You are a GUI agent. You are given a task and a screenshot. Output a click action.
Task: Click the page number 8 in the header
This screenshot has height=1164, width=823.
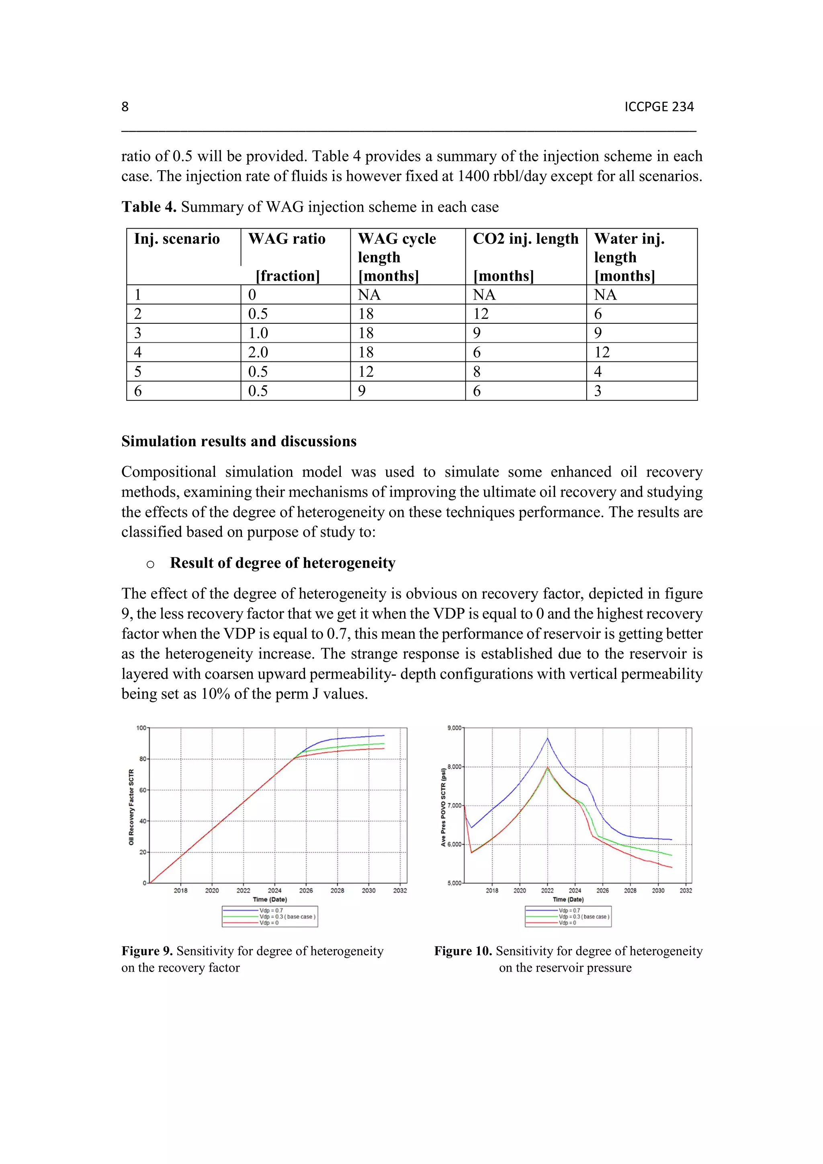click(x=125, y=106)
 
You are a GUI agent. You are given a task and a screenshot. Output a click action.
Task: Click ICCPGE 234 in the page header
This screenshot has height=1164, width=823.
click(x=659, y=106)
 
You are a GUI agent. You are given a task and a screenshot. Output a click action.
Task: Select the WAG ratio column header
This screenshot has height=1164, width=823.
click(x=287, y=239)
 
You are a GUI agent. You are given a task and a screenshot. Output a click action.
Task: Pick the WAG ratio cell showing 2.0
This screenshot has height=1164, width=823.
click(x=258, y=352)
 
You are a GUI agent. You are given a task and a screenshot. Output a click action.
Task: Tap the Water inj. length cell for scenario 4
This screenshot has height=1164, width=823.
click(x=602, y=352)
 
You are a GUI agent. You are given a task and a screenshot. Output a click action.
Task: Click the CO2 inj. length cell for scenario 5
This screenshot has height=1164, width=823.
click(x=477, y=372)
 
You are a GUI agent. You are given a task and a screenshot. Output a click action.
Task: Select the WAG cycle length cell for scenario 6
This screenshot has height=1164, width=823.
click(x=362, y=391)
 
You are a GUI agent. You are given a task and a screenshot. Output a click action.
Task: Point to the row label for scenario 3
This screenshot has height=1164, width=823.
click(x=137, y=333)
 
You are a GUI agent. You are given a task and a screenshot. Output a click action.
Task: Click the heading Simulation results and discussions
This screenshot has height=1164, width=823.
click(x=238, y=441)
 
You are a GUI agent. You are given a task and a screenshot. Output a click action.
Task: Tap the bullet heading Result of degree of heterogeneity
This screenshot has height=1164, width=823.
click(x=282, y=563)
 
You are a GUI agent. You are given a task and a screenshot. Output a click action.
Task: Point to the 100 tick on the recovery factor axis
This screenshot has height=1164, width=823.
click(x=141, y=728)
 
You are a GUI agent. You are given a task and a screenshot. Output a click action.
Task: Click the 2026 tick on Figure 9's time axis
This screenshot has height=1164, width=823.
click(x=306, y=890)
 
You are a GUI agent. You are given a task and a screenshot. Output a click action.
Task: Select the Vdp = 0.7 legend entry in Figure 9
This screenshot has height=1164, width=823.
click(x=271, y=911)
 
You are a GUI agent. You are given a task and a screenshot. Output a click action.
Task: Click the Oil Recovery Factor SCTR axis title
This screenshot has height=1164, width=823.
click(x=131, y=807)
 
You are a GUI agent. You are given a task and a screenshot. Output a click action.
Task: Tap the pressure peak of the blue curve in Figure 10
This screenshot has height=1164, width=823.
click(x=547, y=739)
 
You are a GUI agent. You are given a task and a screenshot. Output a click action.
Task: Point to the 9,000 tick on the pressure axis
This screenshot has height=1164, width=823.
click(x=454, y=728)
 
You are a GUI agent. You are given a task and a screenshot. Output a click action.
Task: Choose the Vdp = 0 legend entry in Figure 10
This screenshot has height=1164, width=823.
click(x=567, y=923)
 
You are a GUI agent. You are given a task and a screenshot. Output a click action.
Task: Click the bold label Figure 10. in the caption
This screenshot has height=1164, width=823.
click(x=463, y=951)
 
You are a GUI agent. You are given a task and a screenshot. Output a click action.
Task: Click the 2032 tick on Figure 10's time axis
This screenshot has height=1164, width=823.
click(x=686, y=890)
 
